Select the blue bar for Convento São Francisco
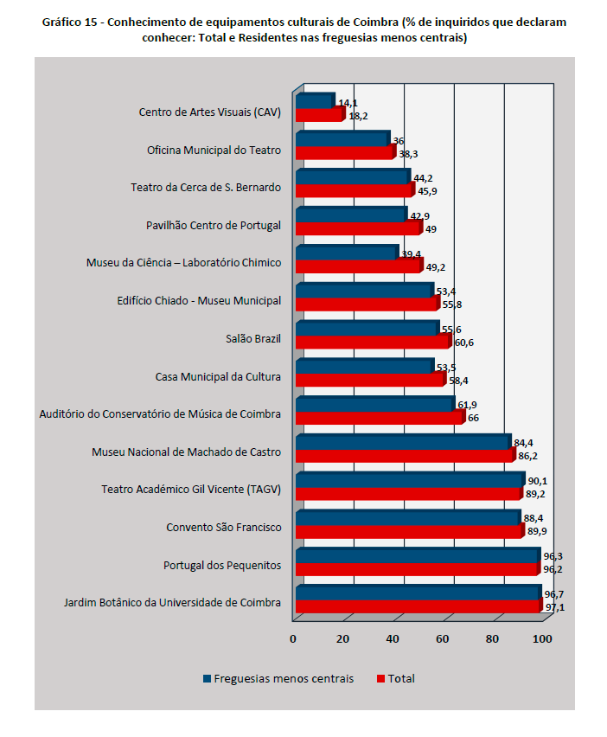406,517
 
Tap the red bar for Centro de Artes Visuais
318,115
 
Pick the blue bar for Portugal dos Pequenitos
417,555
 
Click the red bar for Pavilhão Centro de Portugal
357,228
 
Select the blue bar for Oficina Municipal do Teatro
342,139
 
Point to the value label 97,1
554,608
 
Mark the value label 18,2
358,115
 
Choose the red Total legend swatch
380,678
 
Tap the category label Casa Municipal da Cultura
218,377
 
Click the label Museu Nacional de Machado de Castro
186,452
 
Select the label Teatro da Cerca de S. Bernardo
206,188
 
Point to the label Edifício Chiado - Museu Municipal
199,301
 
